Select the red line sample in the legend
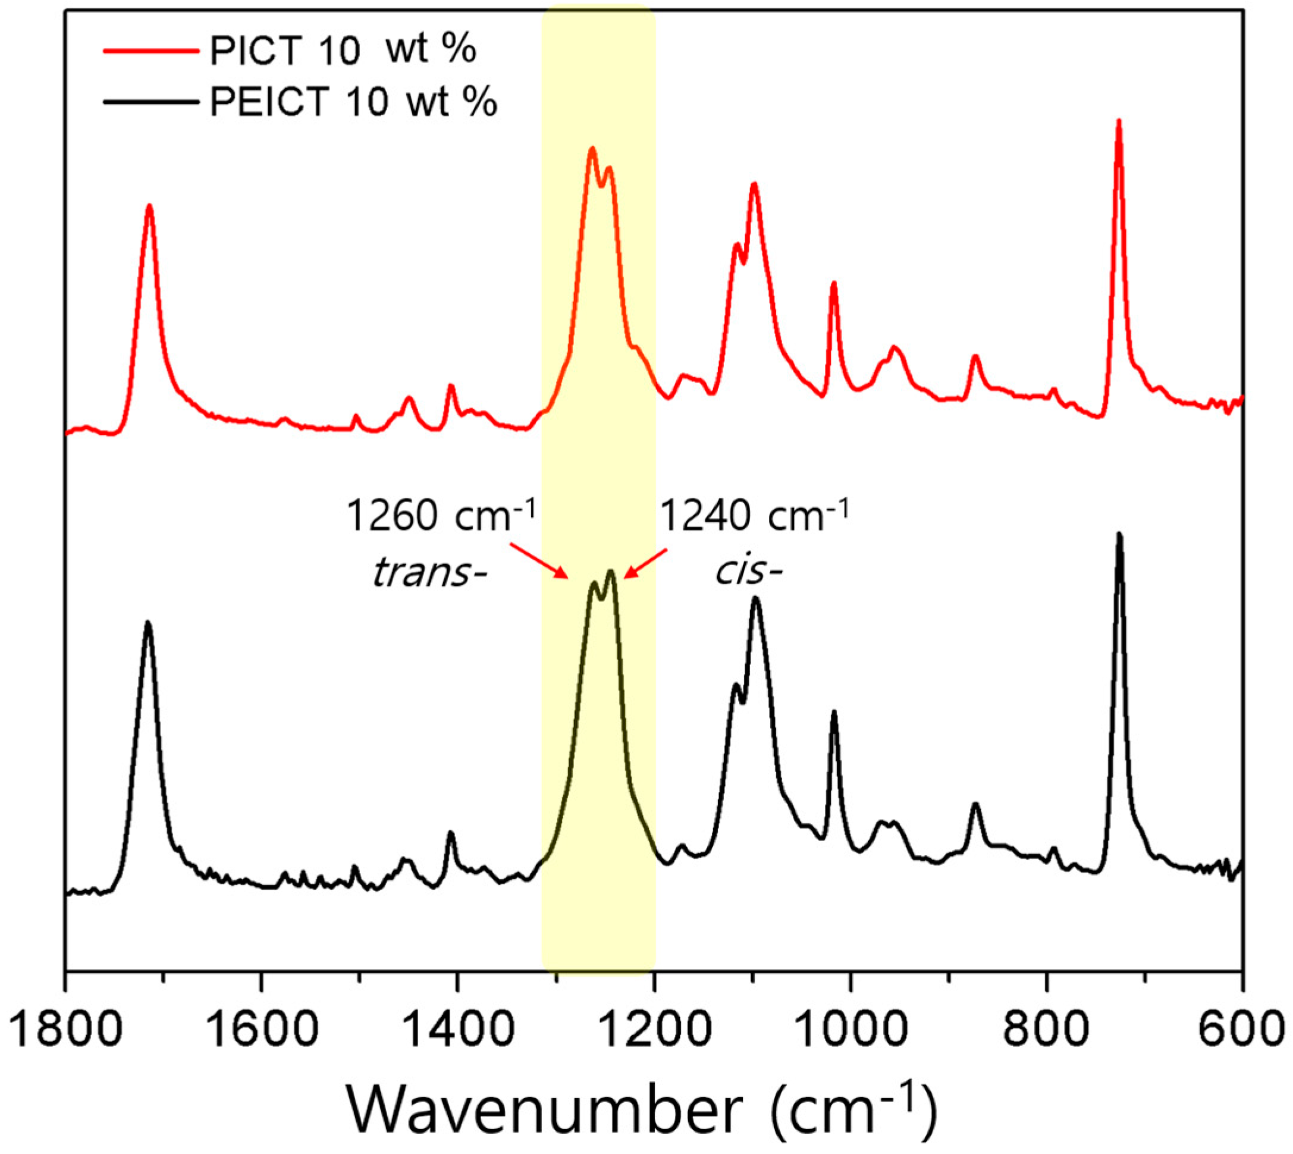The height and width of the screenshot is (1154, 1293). [x=151, y=50]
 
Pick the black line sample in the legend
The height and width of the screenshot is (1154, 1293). [x=151, y=101]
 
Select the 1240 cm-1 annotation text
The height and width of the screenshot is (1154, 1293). [x=754, y=516]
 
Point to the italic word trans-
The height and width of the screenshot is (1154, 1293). [x=428, y=573]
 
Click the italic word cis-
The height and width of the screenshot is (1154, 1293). [x=749, y=573]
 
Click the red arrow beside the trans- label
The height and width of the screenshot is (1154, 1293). [x=539, y=560]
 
